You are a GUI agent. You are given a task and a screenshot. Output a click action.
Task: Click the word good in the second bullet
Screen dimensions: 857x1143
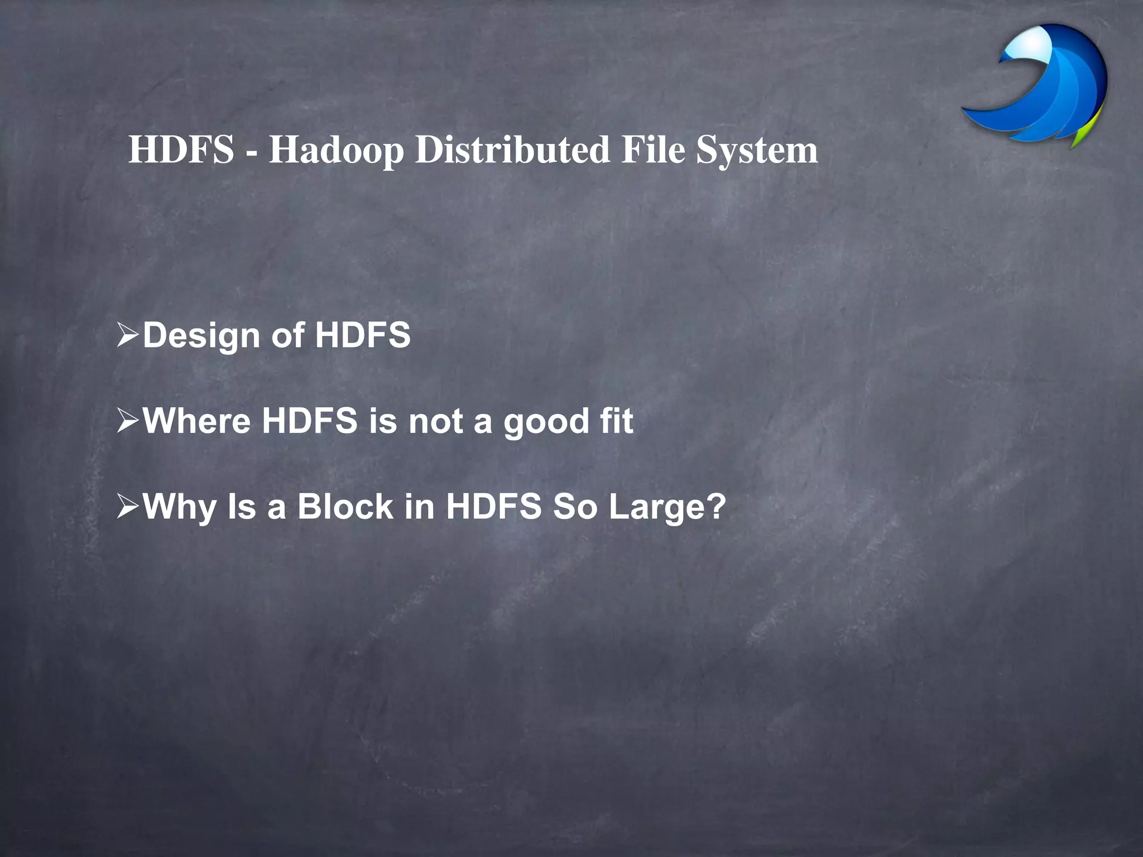[546, 422]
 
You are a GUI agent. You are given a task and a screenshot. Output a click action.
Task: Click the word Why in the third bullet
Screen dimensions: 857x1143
[179, 507]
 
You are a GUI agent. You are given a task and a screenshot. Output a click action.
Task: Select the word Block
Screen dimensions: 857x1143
[345, 507]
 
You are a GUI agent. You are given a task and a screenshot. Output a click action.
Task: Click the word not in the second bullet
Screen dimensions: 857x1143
[435, 421]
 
